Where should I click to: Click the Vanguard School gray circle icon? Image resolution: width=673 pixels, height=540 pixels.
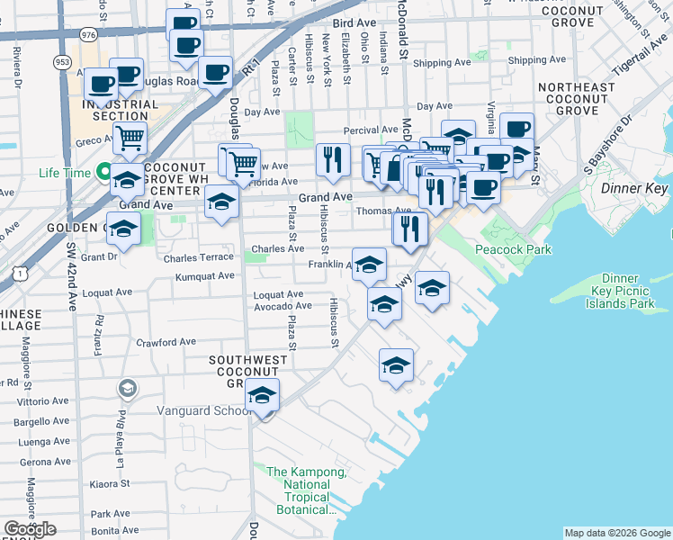(127, 389)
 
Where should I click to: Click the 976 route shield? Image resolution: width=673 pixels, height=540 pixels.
(87, 34)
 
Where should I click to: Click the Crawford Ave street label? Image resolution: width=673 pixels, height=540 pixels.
(166, 342)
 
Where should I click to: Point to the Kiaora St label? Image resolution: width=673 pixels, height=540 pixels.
(112, 483)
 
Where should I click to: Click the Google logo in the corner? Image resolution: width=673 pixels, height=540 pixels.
(30, 529)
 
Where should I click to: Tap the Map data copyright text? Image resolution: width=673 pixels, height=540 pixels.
(617, 533)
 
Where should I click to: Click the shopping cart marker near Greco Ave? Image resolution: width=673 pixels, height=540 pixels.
(130, 139)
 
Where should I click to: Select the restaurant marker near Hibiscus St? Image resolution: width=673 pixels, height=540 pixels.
(333, 160)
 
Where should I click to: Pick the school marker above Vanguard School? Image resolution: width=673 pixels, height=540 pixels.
(262, 395)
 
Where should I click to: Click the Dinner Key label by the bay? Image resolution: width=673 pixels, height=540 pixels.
(633, 189)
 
